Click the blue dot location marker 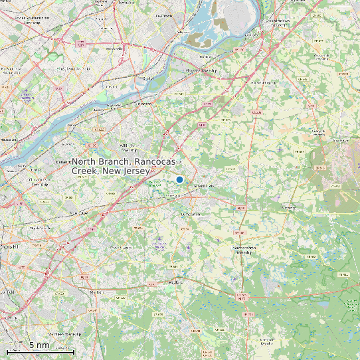[179, 179]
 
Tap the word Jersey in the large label [150, 171]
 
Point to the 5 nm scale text [39, 345]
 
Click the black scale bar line [40, 351]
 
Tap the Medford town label [175, 282]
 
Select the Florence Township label [201, 70]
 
